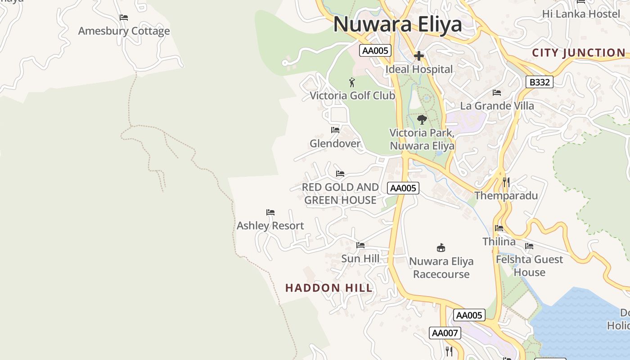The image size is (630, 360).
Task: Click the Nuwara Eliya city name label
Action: [x=397, y=24]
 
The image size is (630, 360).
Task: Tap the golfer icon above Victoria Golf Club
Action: [x=352, y=82]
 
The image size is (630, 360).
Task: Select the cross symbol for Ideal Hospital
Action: [x=419, y=56]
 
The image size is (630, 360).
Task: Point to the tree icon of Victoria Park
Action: [x=422, y=119]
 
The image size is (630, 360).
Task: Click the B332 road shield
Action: [x=539, y=82]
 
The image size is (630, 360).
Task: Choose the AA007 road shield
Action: [x=445, y=333]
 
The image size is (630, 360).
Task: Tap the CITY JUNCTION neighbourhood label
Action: [x=579, y=53]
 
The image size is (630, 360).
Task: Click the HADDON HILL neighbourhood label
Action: [x=329, y=288]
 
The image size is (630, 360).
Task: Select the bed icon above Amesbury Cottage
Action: [x=124, y=18]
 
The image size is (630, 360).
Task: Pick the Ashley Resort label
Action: [x=270, y=225]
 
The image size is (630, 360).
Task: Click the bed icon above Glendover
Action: [x=335, y=130]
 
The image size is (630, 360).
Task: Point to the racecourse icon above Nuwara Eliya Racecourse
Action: [x=441, y=247]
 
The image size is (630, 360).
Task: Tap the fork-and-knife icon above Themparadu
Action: [x=506, y=182]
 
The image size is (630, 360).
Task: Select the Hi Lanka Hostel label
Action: [x=581, y=14]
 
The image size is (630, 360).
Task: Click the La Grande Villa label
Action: [x=497, y=106]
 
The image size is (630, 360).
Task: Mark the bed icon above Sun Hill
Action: [x=360, y=245]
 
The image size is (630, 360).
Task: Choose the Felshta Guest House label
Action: [x=529, y=266]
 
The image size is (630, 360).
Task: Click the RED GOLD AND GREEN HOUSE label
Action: [x=340, y=193]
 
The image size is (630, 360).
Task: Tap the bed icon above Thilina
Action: [x=499, y=228]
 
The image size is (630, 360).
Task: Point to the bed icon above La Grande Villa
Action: [x=497, y=93]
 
